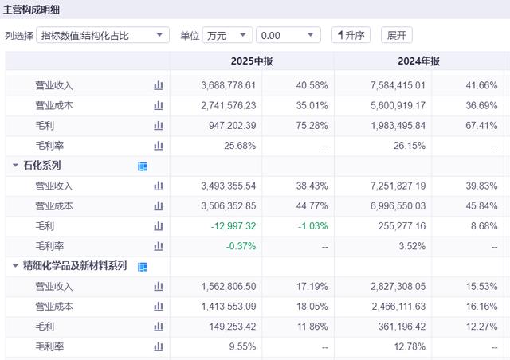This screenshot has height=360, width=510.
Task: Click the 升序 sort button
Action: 351,36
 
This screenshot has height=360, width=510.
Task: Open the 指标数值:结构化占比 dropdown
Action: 103,36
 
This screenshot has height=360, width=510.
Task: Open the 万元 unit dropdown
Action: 227,36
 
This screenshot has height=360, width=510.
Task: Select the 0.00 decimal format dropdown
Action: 290,36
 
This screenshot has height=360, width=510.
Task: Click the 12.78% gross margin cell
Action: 409,346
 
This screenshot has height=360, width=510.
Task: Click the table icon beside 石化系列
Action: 143,166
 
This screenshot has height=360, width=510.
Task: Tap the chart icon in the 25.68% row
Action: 158,146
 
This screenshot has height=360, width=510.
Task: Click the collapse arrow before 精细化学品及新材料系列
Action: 15,266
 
